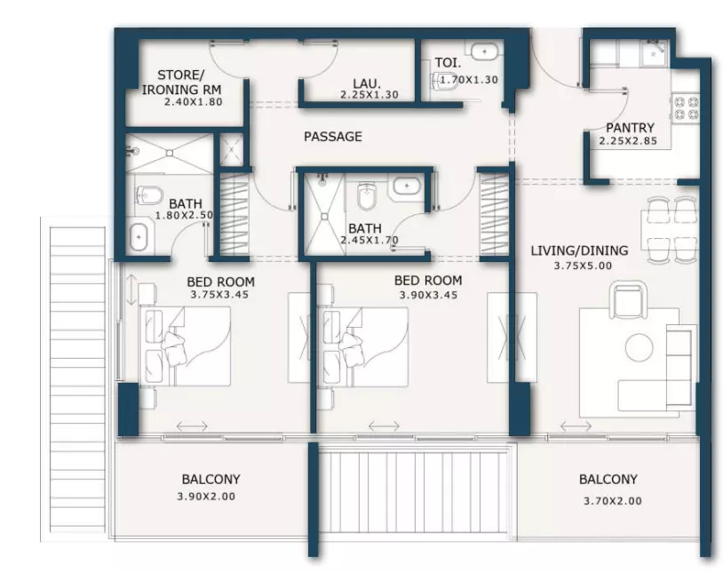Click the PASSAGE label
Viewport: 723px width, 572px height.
[x=333, y=137]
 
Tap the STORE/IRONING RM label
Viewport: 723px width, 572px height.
[x=181, y=82]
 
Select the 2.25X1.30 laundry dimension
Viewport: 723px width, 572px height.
[x=369, y=95]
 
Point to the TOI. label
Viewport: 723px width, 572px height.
[x=448, y=63]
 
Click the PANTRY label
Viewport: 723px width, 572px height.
[x=630, y=127]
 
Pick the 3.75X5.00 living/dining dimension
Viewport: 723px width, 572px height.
[x=583, y=266]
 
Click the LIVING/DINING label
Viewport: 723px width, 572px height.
[x=579, y=250]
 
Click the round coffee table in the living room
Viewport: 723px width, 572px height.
[x=640, y=347]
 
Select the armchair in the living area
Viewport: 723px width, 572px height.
[x=628, y=300]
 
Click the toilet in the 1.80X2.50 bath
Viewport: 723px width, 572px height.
[x=148, y=196]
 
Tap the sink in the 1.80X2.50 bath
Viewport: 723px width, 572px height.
[x=139, y=236]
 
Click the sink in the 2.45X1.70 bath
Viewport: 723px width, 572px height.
[x=407, y=186]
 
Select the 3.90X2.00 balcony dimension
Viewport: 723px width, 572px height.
[x=206, y=497]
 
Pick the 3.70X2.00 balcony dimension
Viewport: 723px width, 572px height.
[x=613, y=501]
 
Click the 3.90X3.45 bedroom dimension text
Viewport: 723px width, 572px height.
[x=428, y=295]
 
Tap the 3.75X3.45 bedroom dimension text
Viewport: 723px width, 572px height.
[x=219, y=295]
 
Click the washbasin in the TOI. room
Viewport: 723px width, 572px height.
[x=484, y=52]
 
